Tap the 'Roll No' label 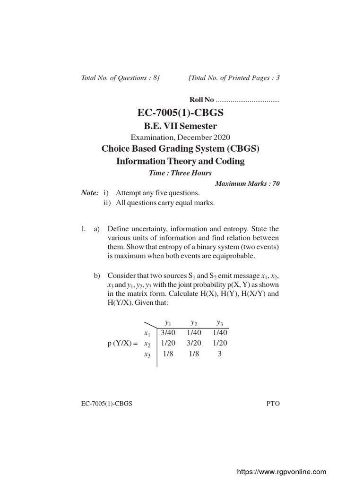pos(202,100)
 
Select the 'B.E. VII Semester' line pos(181,126)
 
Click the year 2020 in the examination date pos(221,138)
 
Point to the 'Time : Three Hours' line pos(180,173)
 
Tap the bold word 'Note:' pos(90,193)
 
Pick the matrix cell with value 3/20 pos(194,343)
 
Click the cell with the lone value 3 pos(219,354)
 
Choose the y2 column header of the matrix pos(194,323)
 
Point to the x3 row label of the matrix pos(147,354)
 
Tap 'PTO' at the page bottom pos(273,405)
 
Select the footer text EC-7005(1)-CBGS pos(107,405)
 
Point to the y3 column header pos(219,323)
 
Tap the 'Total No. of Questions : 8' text pos(121,78)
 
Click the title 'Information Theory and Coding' pos(181,161)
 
